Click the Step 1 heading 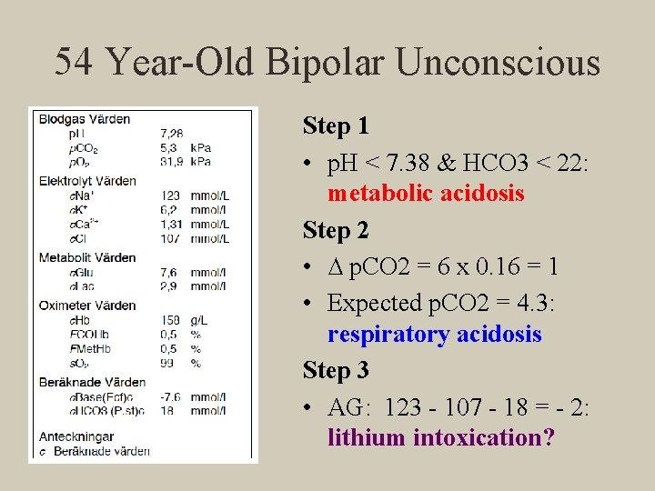(336, 125)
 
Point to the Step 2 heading (336, 231)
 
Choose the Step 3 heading (336, 370)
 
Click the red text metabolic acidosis (426, 194)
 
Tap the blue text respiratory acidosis (434, 335)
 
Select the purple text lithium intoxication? (440, 437)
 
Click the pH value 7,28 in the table (171, 134)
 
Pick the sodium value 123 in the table (171, 195)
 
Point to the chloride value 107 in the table (171, 239)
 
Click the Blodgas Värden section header (85, 118)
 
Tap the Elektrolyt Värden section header (87, 180)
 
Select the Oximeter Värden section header (87, 306)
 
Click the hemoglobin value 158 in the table (171, 320)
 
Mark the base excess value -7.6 (169, 396)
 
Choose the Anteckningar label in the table (76, 436)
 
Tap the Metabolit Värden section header (87, 257)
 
